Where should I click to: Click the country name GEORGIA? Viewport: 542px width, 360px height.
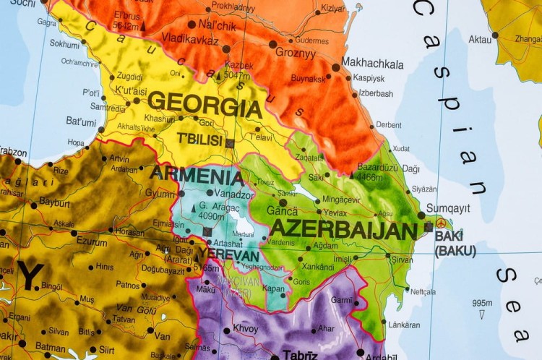[x=205, y=106]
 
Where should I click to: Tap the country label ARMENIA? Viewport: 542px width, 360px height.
[x=197, y=176]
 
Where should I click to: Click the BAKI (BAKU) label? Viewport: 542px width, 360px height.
[x=455, y=244]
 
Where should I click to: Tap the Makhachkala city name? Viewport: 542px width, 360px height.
[x=372, y=64]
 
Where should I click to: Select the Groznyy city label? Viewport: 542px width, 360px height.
[x=296, y=53]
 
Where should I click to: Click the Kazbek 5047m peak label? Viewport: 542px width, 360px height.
[x=238, y=69]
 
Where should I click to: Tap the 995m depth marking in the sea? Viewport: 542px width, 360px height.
[x=482, y=303]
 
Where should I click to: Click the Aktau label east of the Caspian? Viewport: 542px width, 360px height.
[x=479, y=39]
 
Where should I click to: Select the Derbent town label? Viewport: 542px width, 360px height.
[x=388, y=124]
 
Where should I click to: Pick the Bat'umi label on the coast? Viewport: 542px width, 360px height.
[x=81, y=121]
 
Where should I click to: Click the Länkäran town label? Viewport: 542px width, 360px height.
[x=404, y=325]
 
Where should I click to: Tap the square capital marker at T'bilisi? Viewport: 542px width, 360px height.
[x=230, y=143]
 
